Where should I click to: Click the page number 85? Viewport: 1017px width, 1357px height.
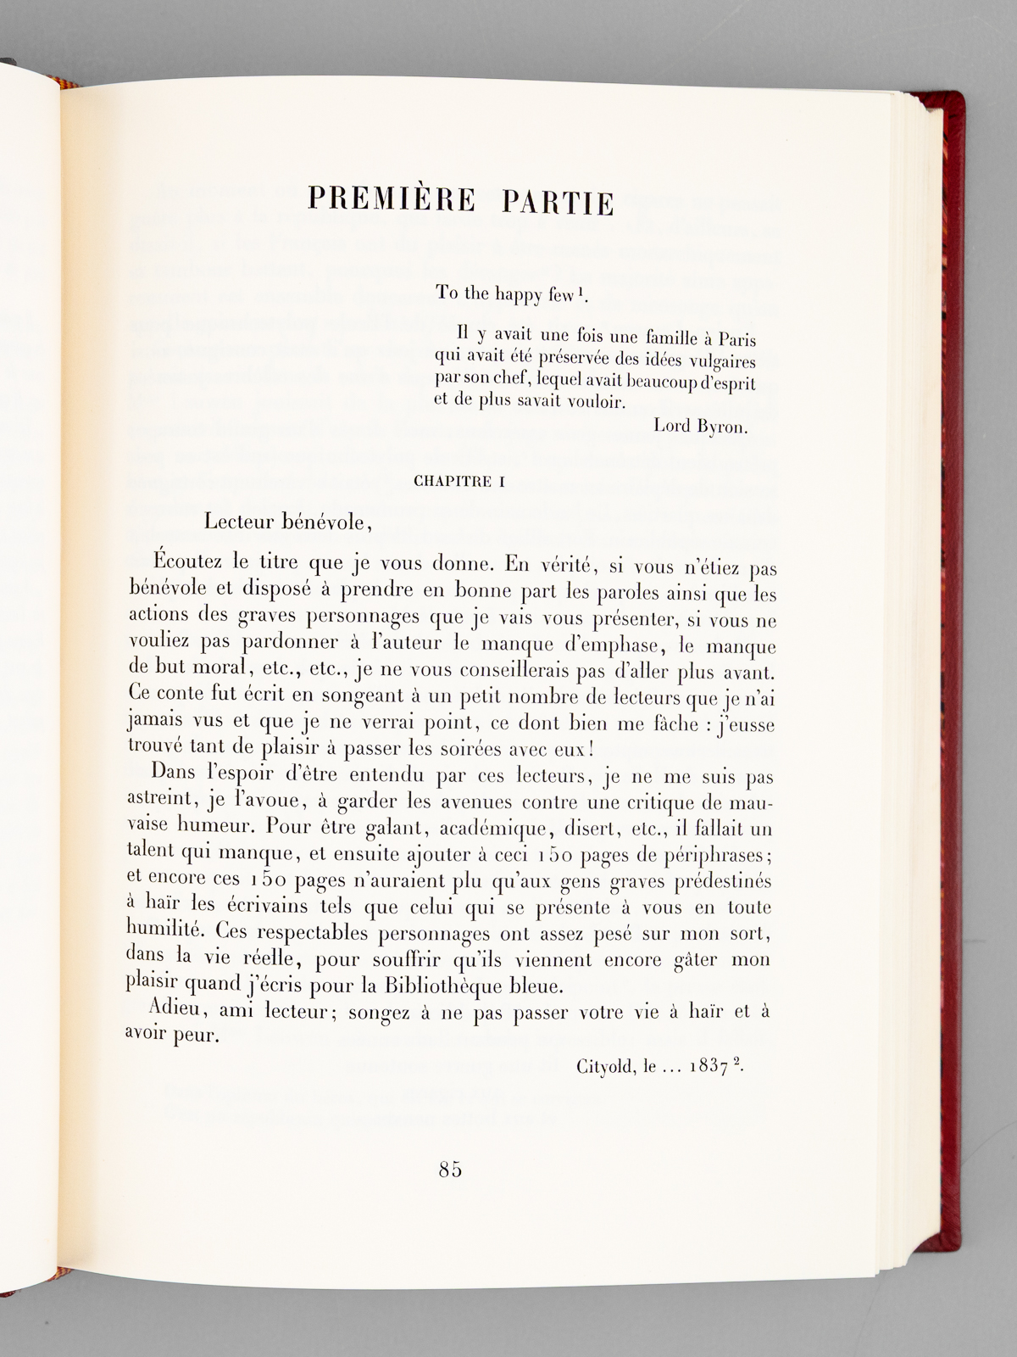pyautogui.click(x=451, y=1170)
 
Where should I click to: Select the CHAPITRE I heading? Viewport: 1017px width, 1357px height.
pyautogui.click(x=458, y=482)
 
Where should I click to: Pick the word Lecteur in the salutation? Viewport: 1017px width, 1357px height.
pyautogui.click(x=239, y=522)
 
